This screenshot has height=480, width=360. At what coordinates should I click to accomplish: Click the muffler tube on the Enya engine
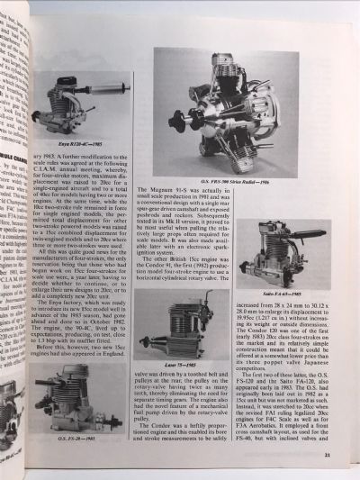[113, 90]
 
